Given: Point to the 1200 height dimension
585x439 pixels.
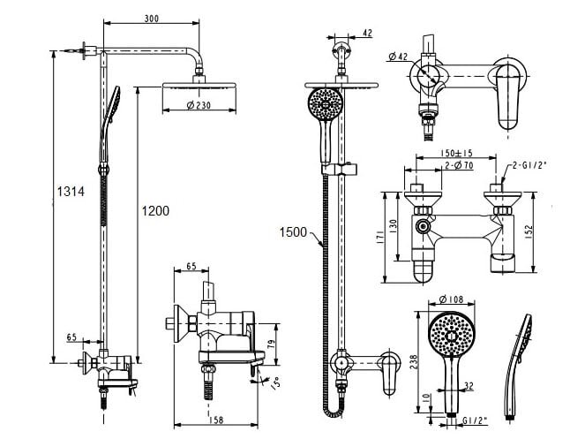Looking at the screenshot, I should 154,211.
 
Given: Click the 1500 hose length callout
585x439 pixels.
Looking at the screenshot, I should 293,232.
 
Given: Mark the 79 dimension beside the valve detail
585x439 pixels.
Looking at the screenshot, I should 273,344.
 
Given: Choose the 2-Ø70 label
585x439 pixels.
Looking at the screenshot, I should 459,164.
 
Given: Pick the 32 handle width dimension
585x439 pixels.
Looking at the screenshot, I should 468,385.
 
